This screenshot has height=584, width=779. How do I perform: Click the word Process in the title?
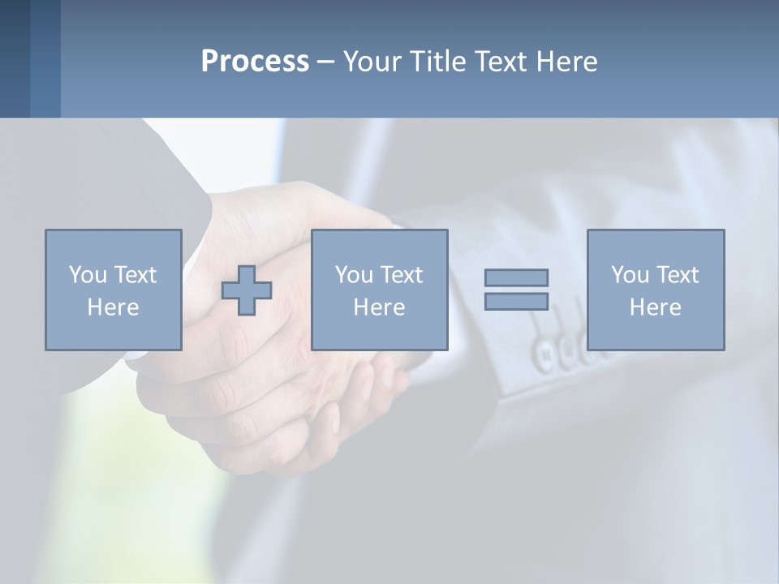[255, 62]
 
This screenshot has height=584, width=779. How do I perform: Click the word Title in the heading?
[439, 62]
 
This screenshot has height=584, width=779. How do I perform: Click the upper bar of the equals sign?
[516, 277]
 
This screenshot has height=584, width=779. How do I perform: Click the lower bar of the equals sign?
[516, 301]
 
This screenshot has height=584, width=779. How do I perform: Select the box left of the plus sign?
[114, 290]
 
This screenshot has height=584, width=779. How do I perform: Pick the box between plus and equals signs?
[379, 290]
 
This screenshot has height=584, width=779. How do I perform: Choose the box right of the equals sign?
[655, 290]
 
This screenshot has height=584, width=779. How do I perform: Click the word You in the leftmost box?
[88, 275]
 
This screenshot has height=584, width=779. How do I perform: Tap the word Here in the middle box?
[379, 307]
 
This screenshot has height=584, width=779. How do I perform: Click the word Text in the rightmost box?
[678, 275]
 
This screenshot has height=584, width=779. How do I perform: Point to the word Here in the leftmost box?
[114, 307]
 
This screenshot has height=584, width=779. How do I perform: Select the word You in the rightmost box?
[630, 275]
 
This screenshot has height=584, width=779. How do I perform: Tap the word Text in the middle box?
[402, 275]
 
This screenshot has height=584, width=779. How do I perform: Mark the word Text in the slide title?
[501, 62]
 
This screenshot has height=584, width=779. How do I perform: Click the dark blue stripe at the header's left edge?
[15, 58]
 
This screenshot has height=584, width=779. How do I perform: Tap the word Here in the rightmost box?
[655, 307]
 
